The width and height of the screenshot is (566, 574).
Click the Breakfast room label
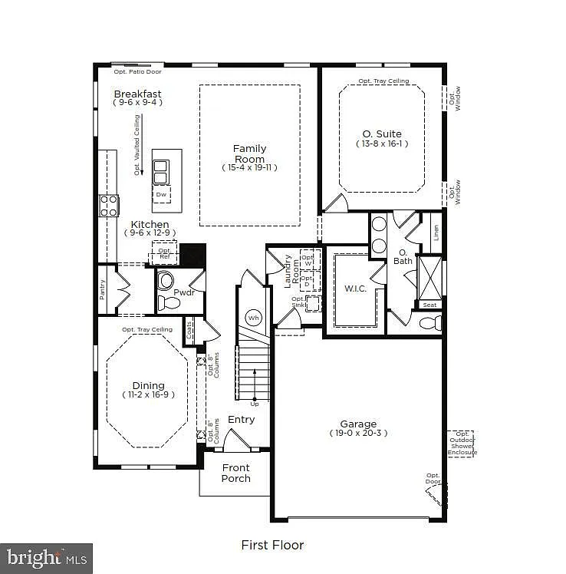point(137,94)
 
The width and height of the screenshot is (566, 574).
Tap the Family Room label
point(250,153)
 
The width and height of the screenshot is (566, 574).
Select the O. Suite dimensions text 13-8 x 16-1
point(382,143)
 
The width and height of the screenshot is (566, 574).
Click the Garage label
point(358,424)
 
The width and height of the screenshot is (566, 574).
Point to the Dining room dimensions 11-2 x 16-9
point(148,394)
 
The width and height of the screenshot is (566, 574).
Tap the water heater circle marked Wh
point(253,317)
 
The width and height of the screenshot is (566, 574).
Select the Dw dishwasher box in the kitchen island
point(161,195)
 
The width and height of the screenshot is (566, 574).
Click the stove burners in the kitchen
point(109,206)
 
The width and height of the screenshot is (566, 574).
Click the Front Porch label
point(235,473)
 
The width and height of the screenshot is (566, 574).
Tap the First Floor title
point(272,545)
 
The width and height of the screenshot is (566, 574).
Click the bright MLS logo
point(46,557)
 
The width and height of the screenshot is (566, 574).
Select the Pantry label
point(103,290)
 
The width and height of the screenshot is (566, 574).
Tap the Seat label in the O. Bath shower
point(429,305)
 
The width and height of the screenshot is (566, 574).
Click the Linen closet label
point(436,233)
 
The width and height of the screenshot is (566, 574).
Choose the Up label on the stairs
point(255,404)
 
